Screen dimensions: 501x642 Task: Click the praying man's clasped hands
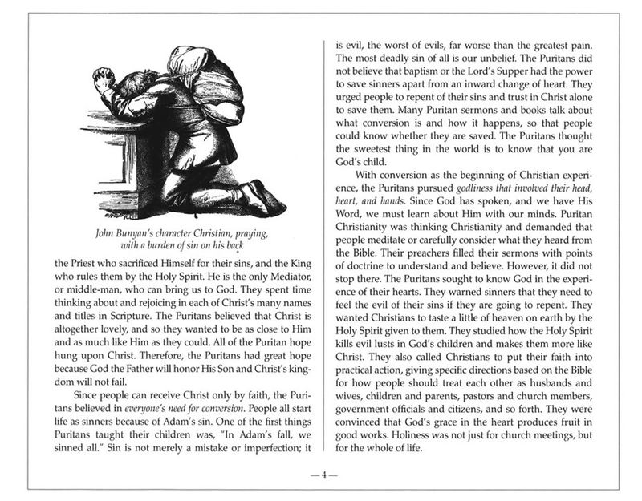point(102,79)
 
